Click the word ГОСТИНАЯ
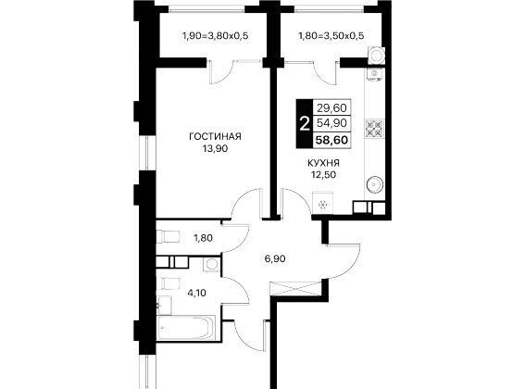[x=215, y=137]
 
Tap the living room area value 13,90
[x=215, y=148]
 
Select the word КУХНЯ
[x=323, y=163]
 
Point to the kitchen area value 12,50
[x=323, y=174]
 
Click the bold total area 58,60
[x=331, y=140]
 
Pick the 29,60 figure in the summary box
[x=331, y=108]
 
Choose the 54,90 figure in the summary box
[x=331, y=123]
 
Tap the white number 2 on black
[x=305, y=124]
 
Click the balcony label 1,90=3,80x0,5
[x=215, y=35]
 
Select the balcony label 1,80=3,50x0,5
[x=331, y=35]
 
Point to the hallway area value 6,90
[x=275, y=258]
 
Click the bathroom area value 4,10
[x=196, y=294]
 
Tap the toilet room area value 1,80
[x=203, y=238]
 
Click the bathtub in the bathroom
[x=186, y=328]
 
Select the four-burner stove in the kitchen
[x=374, y=129]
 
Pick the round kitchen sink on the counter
[x=375, y=184]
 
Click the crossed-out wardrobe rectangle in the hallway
[x=295, y=288]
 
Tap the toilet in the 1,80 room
[x=169, y=236]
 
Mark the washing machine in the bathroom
[x=211, y=265]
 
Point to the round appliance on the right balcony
[x=376, y=55]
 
